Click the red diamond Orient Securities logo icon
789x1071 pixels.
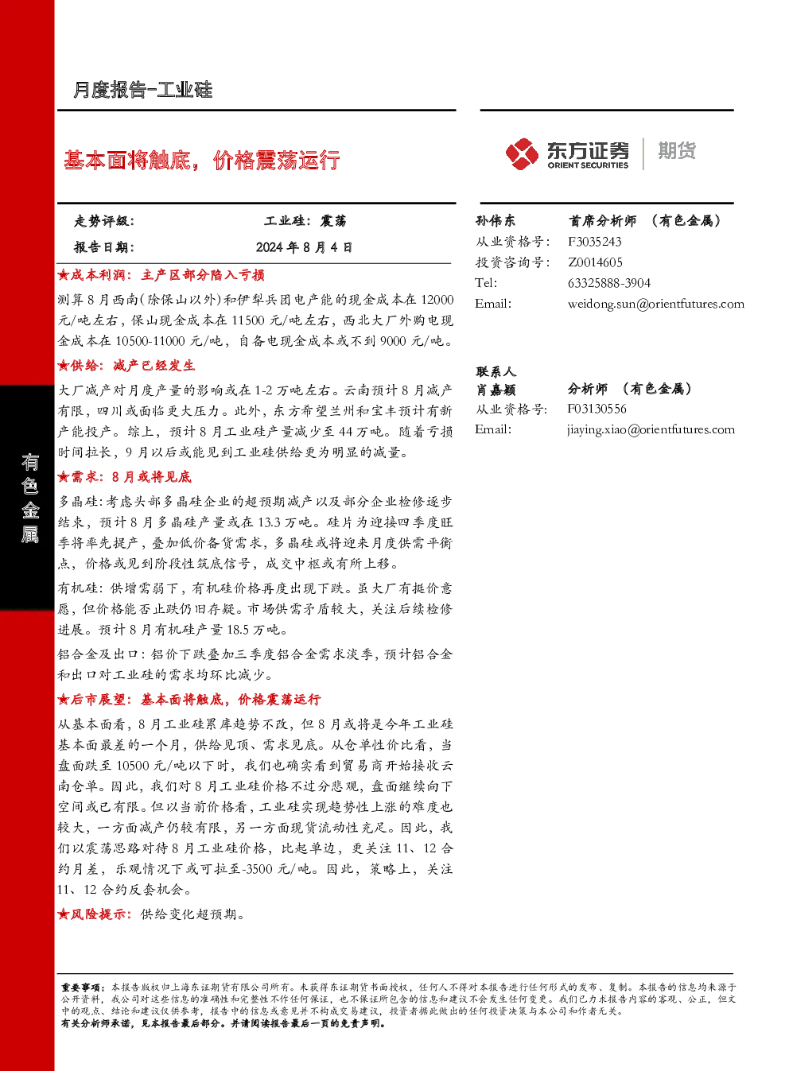[x=522, y=153]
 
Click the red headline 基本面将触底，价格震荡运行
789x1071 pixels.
[x=202, y=160]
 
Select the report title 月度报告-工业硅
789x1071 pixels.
[x=142, y=90]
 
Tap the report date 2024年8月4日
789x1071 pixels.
[x=304, y=247]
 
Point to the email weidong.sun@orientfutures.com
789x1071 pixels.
[x=655, y=304]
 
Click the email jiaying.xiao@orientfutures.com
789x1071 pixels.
[x=651, y=429]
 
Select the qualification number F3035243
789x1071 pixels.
[x=594, y=242]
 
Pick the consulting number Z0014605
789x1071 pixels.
[x=595, y=262]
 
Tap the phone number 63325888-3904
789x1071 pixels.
[x=608, y=283]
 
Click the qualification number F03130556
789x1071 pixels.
[x=597, y=409]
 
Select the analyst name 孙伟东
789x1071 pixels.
[x=495, y=220]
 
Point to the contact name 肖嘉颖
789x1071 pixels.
[x=496, y=390]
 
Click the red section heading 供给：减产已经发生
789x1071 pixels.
[x=126, y=366]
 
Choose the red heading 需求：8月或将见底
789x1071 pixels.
[x=124, y=477]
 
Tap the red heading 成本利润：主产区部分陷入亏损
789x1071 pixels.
[x=161, y=275]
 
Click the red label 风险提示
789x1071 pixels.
[x=95, y=914]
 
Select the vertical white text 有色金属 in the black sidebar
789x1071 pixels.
[x=29, y=499]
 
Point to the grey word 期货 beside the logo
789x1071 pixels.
[x=677, y=150]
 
